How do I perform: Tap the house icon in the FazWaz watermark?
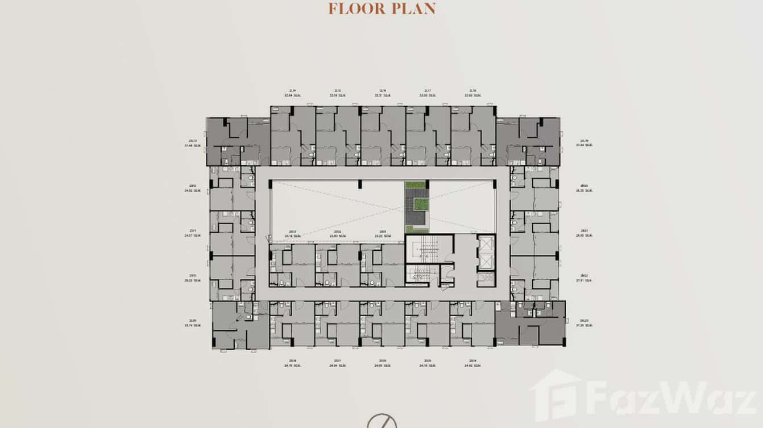coord(555,392)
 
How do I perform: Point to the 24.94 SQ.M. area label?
coord(338,366)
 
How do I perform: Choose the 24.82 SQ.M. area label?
coord(473,366)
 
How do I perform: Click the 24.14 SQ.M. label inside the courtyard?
coord(291,235)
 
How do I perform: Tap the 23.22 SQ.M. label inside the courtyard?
coord(383,235)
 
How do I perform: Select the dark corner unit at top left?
coord(238,142)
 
